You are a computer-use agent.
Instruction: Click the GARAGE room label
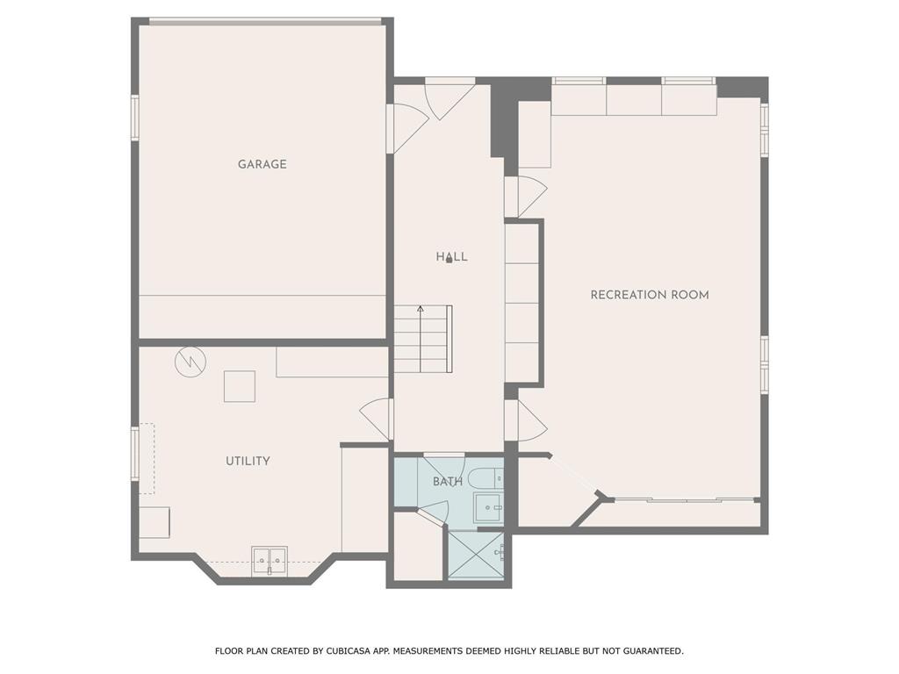click(262, 164)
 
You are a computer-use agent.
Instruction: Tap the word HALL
click(451, 257)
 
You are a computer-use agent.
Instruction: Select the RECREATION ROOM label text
click(649, 295)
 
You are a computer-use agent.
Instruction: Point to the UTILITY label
click(248, 461)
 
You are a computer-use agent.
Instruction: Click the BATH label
click(447, 482)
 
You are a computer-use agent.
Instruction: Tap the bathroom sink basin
click(487, 508)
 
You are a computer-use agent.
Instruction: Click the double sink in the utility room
click(270, 560)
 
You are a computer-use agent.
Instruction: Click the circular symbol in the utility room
click(189, 362)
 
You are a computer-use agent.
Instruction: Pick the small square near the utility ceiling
click(239, 386)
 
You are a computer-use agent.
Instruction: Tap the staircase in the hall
click(421, 339)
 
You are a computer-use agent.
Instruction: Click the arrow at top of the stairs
click(421, 310)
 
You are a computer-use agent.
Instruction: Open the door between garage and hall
click(406, 128)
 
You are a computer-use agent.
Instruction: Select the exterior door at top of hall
click(449, 97)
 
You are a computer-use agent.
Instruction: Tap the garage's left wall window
click(135, 117)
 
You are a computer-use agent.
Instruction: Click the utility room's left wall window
click(135, 452)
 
